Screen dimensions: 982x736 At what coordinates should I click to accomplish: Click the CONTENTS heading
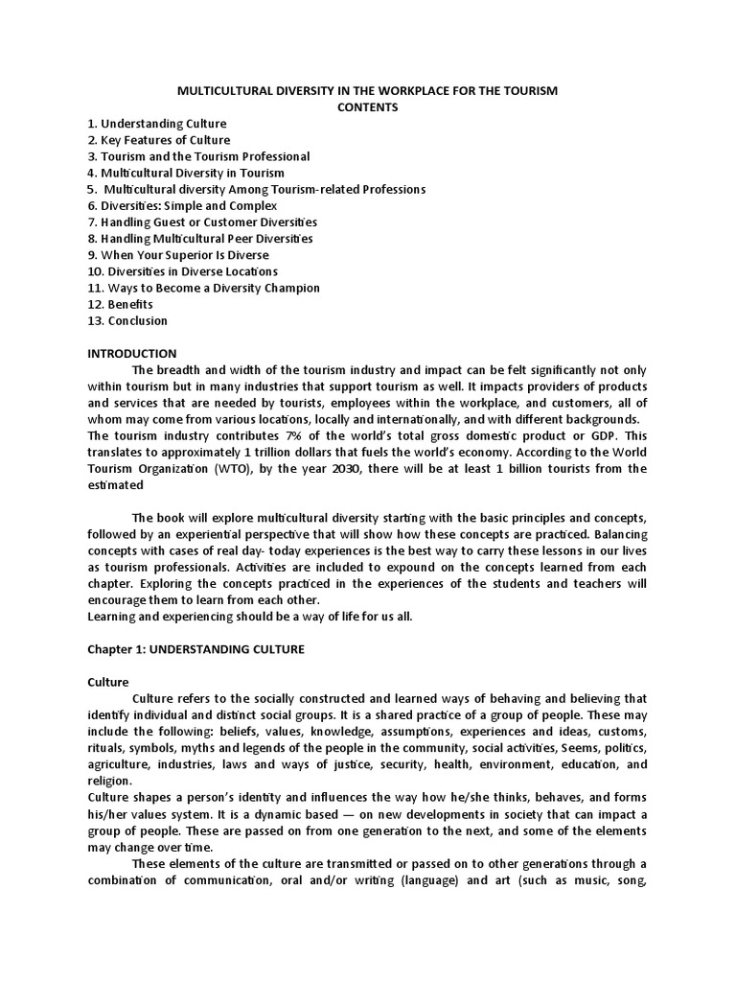pos(367,107)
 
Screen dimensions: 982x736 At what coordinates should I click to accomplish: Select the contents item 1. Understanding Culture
pos(157,124)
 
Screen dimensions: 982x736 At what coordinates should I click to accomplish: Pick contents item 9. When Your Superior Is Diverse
pos(178,255)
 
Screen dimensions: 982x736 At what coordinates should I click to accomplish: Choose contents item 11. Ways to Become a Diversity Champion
pos(203,288)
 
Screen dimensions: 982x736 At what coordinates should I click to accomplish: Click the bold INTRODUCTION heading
pos(132,354)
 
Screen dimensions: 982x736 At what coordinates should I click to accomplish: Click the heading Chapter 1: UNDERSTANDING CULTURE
pos(195,649)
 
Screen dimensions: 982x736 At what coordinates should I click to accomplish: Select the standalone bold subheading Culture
pos(108,682)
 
